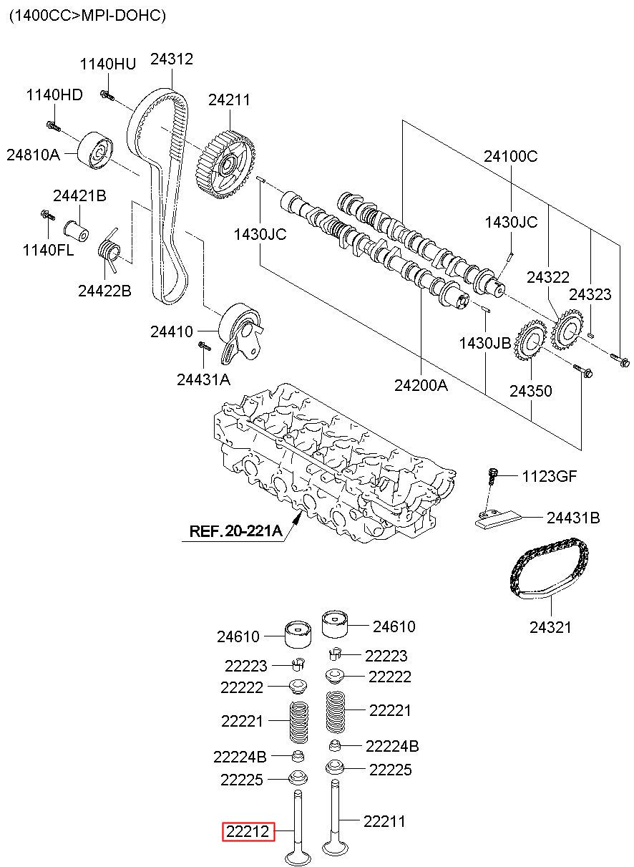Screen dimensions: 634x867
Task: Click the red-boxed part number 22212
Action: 248,831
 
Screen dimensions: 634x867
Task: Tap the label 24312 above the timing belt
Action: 172,59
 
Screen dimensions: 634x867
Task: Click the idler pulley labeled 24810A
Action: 96,150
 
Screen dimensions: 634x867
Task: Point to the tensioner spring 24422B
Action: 110,250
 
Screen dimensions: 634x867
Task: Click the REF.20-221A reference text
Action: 235,531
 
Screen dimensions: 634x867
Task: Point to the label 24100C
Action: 511,156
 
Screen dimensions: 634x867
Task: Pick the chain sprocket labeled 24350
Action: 530,340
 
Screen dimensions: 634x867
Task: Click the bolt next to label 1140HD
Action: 54,125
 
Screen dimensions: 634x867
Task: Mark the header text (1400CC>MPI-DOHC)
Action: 88,16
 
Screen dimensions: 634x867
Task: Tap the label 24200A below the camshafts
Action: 421,385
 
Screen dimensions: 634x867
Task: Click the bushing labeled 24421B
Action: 76,231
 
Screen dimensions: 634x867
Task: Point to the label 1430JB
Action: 485,343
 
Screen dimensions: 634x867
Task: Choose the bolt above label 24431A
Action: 204,345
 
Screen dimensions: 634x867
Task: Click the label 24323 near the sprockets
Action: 590,294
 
